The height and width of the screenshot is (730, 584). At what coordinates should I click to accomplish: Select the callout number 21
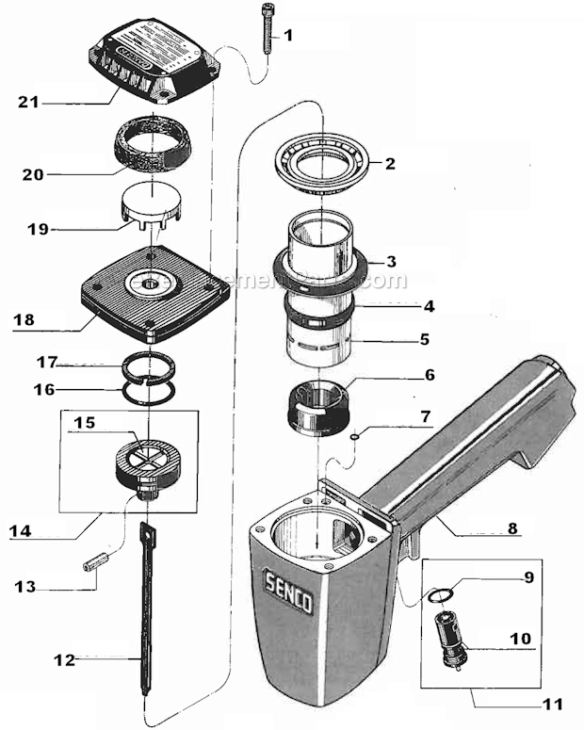tap(28, 101)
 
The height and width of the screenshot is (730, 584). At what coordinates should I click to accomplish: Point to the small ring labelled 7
tap(350, 436)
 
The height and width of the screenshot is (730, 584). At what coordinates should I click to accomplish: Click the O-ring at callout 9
tap(440, 595)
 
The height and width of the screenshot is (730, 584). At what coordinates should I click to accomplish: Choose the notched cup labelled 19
tap(152, 209)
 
